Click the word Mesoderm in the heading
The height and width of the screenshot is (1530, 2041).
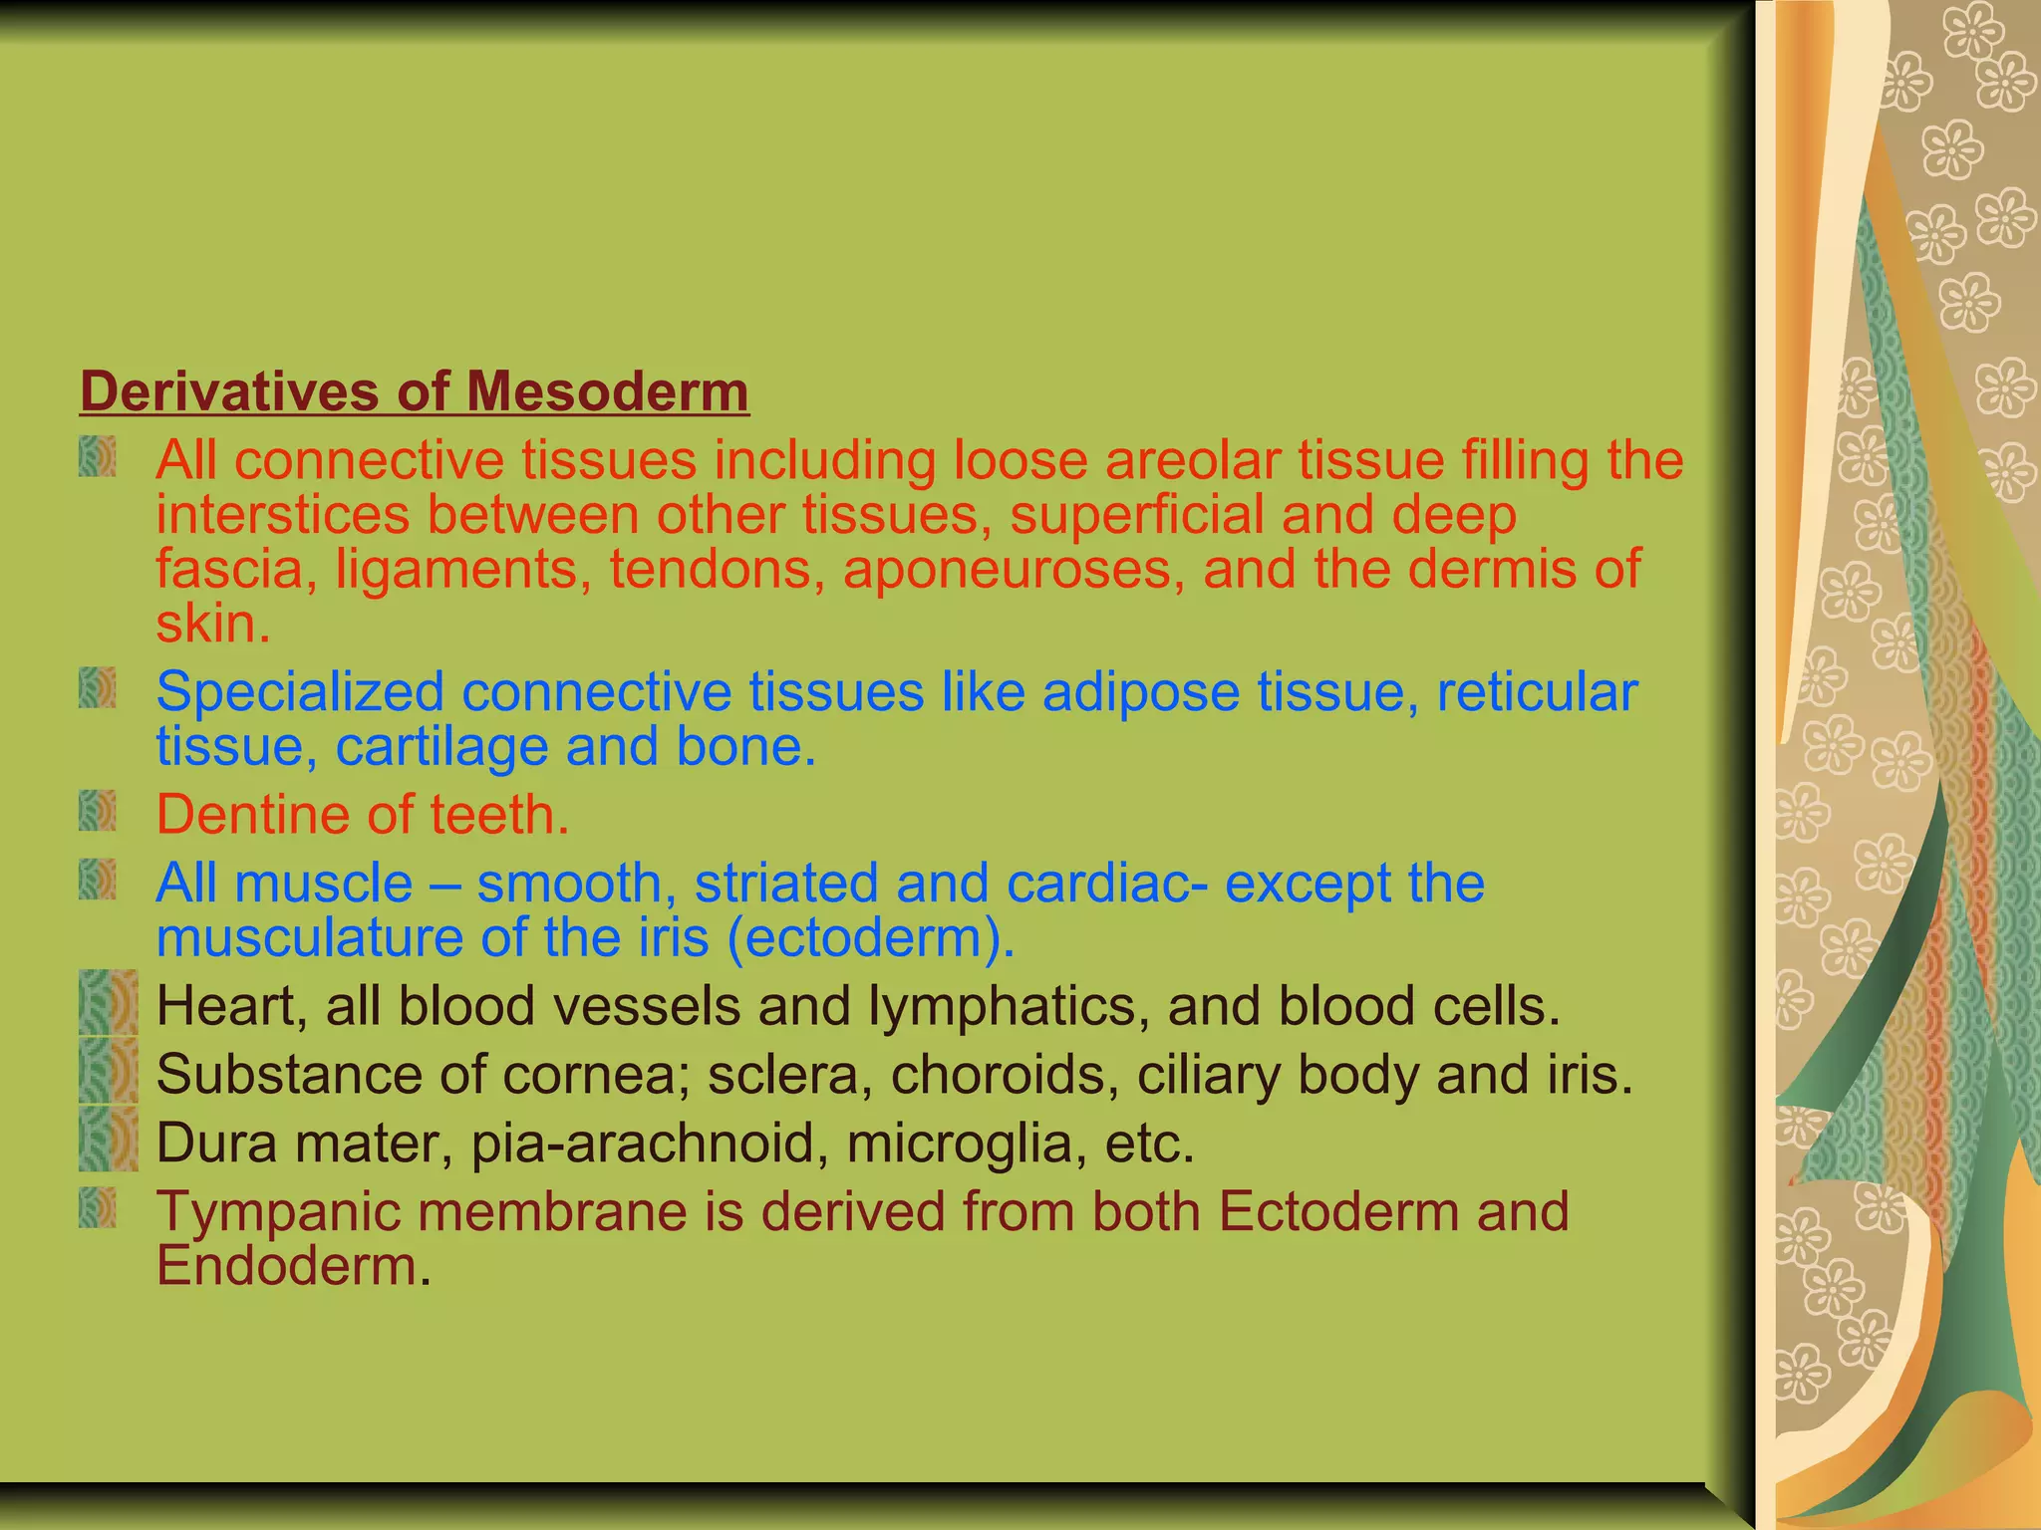(x=607, y=390)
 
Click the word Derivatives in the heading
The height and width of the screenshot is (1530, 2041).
(x=228, y=390)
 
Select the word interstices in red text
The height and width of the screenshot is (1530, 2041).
(x=282, y=516)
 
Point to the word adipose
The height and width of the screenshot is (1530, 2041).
(x=1140, y=691)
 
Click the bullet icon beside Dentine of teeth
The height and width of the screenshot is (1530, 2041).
(x=98, y=812)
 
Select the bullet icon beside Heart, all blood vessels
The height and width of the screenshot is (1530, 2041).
(x=108, y=1003)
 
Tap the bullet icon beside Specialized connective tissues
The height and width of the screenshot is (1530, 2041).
(x=98, y=688)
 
